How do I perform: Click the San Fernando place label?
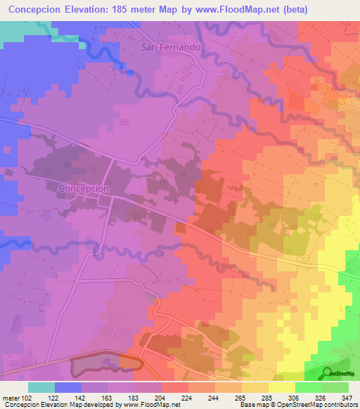[172, 47]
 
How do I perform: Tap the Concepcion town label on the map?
[84, 188]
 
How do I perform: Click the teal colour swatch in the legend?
[41, 387]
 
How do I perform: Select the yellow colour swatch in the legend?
[281, 387]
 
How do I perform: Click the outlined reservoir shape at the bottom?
[105, 363]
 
